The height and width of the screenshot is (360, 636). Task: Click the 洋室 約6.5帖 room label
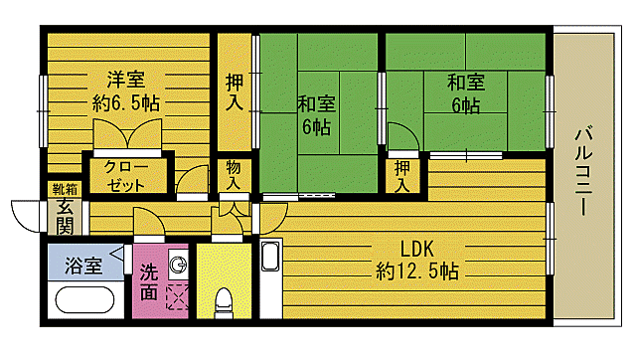127,90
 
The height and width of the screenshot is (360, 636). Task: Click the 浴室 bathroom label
83,266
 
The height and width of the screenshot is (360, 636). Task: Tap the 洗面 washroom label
149,281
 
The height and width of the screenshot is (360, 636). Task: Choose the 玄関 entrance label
65,216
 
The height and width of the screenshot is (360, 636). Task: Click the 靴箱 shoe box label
62,189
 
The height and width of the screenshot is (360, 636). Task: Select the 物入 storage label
234,176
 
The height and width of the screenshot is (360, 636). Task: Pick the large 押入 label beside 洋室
235,92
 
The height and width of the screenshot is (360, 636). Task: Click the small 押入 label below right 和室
401,176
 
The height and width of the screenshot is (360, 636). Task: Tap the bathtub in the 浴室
87,299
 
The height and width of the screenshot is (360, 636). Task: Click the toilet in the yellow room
225,299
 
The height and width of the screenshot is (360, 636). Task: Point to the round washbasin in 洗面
177,265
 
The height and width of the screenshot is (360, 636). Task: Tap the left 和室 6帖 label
314,114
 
